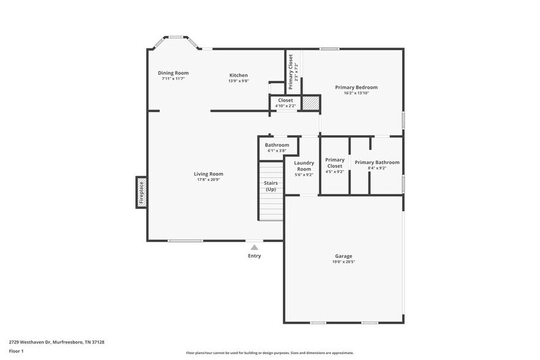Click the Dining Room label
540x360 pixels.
pyautogui.click(x=173, y=73)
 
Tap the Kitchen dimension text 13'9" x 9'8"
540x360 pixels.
pyautogui.click(x=239, y=81)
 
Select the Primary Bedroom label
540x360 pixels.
pyautogui.click(x=356, y=87)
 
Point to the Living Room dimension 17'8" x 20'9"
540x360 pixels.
pyautogui.click(x=208, y=179)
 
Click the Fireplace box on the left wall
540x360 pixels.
pyautogui.click(x=141, y=192)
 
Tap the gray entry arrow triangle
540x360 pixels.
pyautogui.click(x=254, y=247)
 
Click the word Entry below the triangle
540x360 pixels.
pyautogui.click(x=255, y=256)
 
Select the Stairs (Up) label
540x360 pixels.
pyautogui.click(x=271, y=186)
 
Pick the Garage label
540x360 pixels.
pyautogui.click(x=343, y=256)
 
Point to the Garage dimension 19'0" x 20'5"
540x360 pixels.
pyautogui.click(x=343, y=262)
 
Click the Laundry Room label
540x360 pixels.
pyautogui.click(x=304, y=166)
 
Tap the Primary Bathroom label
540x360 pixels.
pyautogui.click(x=377, y=162)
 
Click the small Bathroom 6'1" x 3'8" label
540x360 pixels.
pyautogui.click(x=277, y=148)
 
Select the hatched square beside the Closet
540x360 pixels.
pyautogui.click(x=310, y=103)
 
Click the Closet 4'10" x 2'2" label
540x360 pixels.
pyautogui.click(x=285, y=103)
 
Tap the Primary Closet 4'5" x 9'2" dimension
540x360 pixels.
pyautogui.click(x=335, y=171)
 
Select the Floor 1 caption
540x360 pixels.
pyautogui.click(x=16, y=351)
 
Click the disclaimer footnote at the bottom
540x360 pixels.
pyautogui.click(x=270, y=353)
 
